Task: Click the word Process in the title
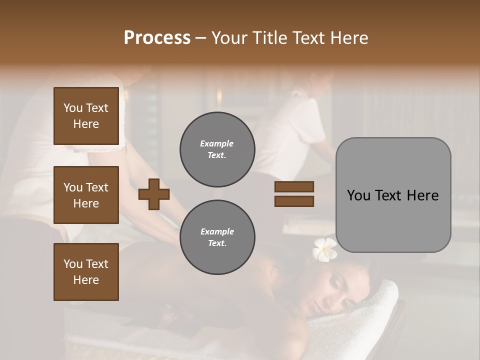tap(157, 38)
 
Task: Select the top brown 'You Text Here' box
tap(86, 116)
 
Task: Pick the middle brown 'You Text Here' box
tap(86, 195)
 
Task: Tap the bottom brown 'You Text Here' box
tap(86, 272)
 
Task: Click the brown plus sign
tap(154, 194)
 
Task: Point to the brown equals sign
tap(294, 194)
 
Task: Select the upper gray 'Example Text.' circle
tap(217, 149)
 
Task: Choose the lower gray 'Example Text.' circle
tap(217, 237)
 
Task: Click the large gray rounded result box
tap(393, 195)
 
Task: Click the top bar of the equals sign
tap(294, 187)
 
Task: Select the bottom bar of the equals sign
tap(294, 201)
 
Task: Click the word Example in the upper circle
tap(217, 144)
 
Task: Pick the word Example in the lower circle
tap(217, 232)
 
